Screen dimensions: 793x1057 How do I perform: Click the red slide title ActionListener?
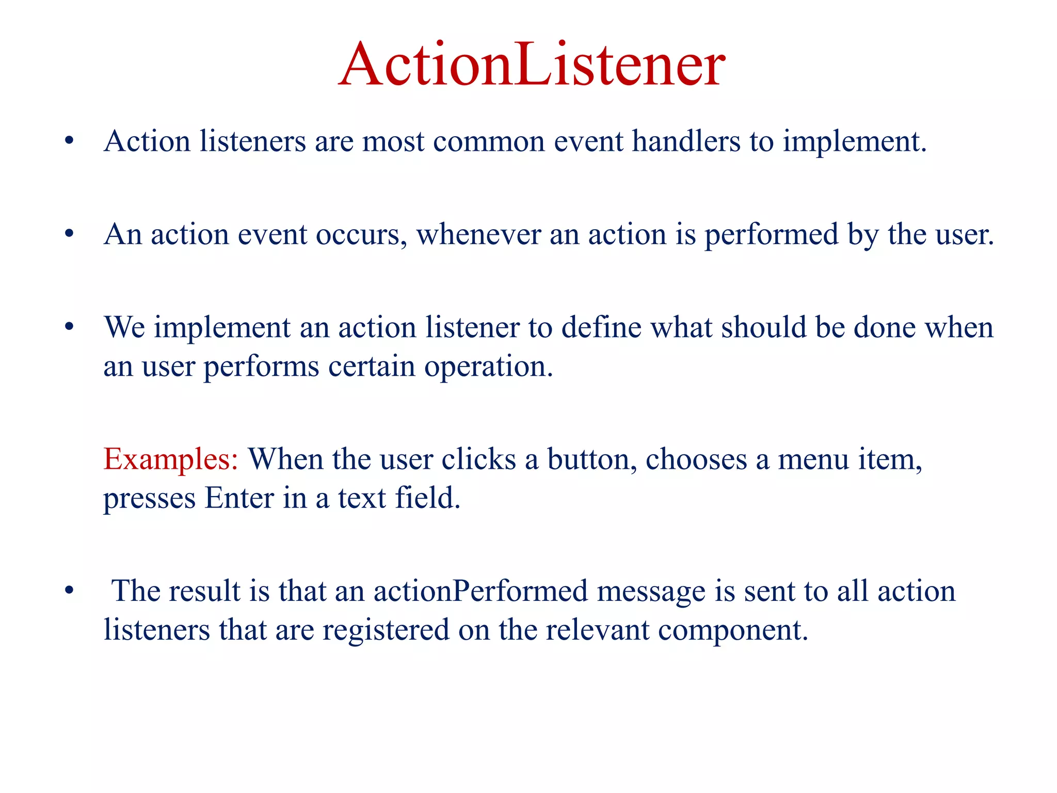tap(532, 65)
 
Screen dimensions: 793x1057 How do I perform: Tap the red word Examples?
tap(170, 459)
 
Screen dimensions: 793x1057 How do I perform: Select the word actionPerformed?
tap(481, 591)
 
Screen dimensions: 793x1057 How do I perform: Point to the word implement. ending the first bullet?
tap(855, 142)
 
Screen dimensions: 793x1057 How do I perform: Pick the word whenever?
tap(478, 235)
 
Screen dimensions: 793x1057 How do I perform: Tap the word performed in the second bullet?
tap(771, 235)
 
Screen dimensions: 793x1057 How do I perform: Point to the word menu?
tap(812, 459)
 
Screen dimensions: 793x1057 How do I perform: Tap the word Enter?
tap(239, 498)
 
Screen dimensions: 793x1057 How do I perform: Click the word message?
tap(651, 592)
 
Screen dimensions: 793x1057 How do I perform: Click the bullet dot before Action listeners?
tap(69, 141)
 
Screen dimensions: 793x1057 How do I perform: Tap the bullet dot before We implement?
tap(69, 327)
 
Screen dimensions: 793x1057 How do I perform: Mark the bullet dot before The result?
tap(69, 591)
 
